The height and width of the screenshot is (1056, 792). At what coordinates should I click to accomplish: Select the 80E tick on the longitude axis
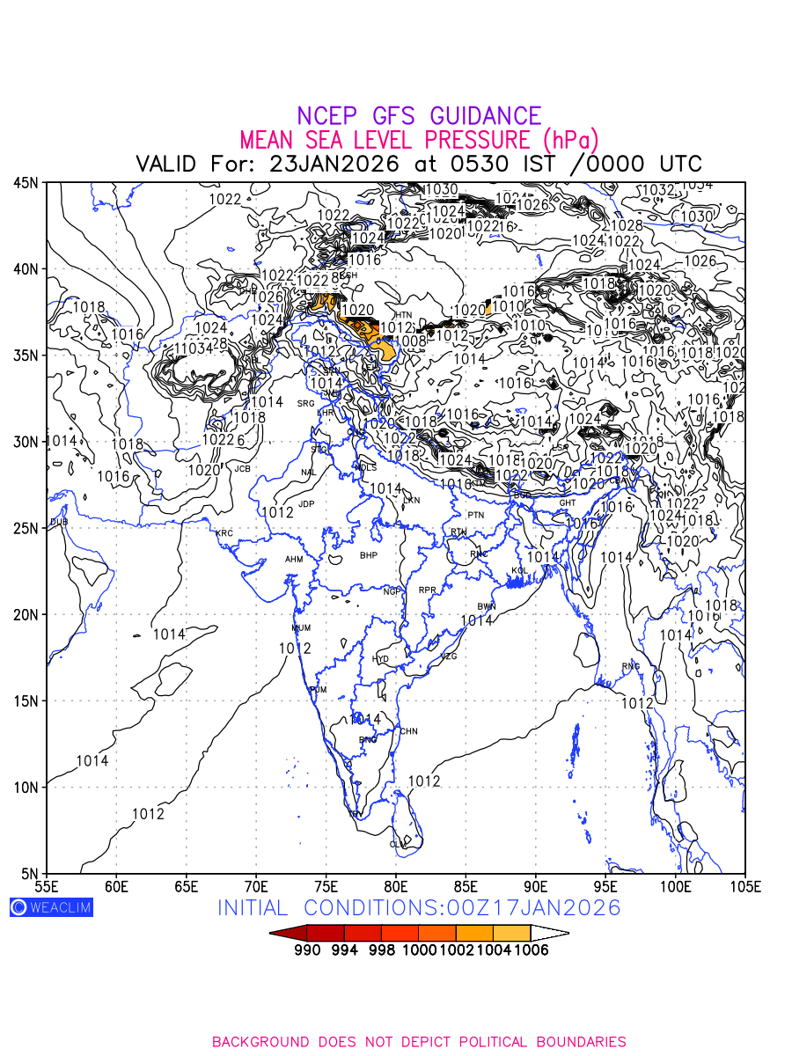396,884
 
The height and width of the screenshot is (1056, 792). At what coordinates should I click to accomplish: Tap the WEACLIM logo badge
51,907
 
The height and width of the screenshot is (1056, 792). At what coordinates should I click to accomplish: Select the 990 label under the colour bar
307,950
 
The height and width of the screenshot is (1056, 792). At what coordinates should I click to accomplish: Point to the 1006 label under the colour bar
531,950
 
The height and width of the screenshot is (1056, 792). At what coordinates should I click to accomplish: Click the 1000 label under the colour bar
418,950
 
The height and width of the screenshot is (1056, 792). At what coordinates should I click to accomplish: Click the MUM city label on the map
301,628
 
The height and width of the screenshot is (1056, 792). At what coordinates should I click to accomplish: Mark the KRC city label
224,533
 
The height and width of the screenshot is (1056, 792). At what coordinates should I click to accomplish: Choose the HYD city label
380,659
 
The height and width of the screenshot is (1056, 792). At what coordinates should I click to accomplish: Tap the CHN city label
409,731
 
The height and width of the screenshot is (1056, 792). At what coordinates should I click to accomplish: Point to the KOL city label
519,571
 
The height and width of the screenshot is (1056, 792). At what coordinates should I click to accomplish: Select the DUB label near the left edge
58,522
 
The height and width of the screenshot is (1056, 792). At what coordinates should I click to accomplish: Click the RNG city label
631,666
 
